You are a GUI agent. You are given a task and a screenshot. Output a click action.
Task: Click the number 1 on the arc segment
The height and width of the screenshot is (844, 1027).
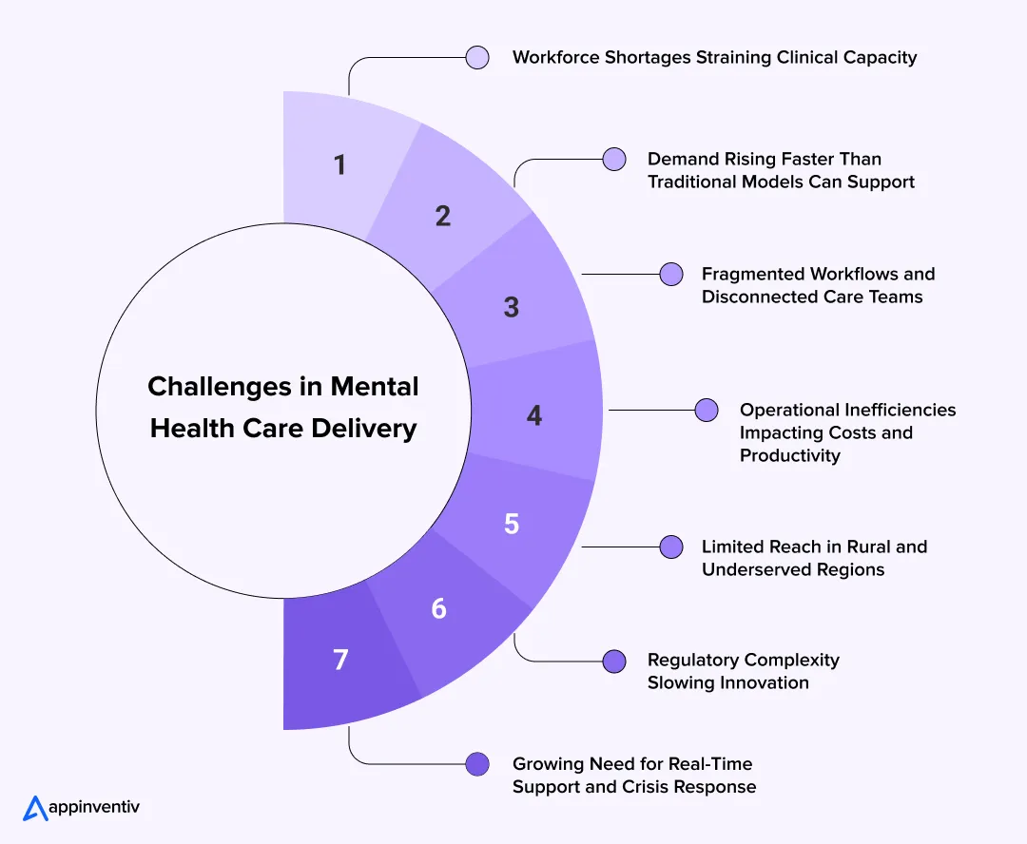click(339, 165)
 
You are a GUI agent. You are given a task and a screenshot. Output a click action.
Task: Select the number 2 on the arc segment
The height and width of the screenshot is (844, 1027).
click(443, 216)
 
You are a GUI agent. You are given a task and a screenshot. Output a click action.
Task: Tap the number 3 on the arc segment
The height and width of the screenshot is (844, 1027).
click(512, 307)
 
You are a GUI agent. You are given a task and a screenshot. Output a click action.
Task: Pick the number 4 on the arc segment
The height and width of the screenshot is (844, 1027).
click(534, 415)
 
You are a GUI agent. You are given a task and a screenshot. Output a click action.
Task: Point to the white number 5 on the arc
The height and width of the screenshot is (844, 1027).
click(512, 524)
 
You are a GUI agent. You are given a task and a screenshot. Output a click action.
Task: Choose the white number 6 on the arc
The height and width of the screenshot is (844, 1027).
click(439, 608)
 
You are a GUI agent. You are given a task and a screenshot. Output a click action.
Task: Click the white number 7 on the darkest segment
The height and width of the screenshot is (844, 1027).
click(340, 660)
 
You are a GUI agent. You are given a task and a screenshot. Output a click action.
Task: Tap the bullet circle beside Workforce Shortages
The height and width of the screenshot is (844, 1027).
click(478, 57)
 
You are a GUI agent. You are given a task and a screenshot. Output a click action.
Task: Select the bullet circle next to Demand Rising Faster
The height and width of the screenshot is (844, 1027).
click(614, 159)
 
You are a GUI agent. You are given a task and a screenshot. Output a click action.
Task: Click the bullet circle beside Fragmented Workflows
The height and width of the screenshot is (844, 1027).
click(671, 274)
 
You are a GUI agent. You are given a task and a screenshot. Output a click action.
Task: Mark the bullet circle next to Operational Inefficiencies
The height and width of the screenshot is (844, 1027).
click(707, 410)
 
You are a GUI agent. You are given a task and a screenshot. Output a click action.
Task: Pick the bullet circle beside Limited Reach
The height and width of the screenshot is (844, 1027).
click(671, 547)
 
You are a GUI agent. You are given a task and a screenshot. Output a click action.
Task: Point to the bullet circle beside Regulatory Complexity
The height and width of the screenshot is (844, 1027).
click(614, 660)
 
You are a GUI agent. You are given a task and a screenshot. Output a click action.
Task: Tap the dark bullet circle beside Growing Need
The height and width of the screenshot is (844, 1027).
click(478, 763)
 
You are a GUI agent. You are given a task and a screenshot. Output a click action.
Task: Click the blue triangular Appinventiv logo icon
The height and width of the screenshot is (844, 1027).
click(35, 808)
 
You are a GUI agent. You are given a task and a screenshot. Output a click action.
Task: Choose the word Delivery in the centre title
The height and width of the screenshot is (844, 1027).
click(367, 429)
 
